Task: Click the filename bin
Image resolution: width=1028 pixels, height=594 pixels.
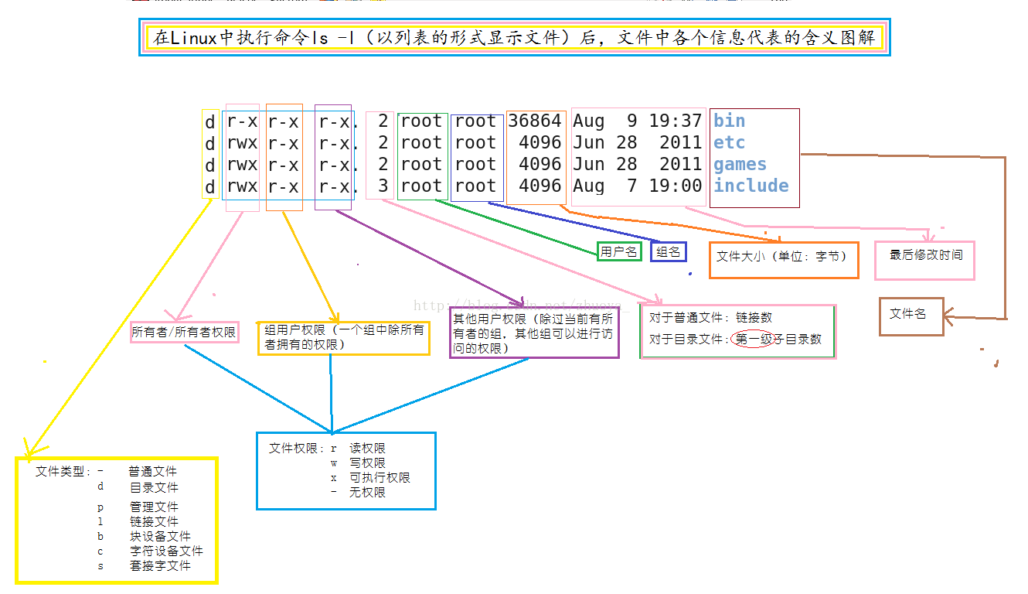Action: click(730, 121)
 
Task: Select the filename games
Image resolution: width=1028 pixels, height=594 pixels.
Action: click(740, 164)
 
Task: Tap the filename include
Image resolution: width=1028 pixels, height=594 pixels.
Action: click(751, 186)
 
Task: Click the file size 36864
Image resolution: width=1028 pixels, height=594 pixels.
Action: click(535, 121)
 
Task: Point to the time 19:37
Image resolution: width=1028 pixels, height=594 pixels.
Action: click(676, 121)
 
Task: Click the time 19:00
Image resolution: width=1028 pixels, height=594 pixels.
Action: click(676, 186)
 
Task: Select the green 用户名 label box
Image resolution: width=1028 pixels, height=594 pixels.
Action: click(619, 251)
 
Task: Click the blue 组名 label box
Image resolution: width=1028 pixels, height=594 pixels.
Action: click(669, 251)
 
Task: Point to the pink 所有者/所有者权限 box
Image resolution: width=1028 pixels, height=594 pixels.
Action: click(184, 332)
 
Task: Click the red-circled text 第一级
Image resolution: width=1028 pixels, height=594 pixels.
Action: click(754, 339)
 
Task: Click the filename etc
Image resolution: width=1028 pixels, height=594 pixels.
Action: click(730, 142)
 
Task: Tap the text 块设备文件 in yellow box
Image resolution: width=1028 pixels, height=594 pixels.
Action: click(160, 536)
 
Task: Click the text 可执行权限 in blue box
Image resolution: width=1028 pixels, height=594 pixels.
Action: click(380, 477)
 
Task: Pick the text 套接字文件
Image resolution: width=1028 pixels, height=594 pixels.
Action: click(160, 565)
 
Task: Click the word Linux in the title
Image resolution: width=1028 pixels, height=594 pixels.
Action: click(193, 38)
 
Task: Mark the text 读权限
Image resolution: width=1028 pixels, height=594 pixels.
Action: click(367, 448)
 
